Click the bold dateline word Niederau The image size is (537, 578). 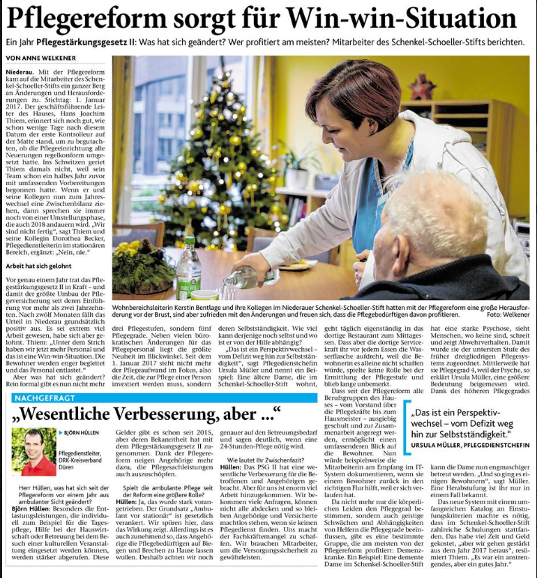coord(21,71)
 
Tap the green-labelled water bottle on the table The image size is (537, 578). coord(188,267)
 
